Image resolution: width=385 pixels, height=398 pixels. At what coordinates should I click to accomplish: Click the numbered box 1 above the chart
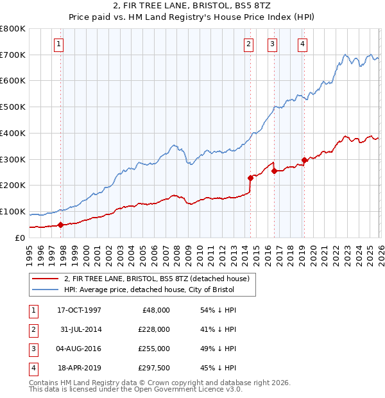pyautogui.click(x=58, y=44)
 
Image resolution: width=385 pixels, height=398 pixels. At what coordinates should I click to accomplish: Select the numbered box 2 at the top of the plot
pyautogui.click(x=248, y=44)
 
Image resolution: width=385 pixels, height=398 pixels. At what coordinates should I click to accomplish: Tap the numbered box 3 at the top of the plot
pyautogui.click(x=272, y=44)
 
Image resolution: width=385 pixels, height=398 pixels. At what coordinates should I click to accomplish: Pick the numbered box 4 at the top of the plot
pyautogui.click(x=302, y=44)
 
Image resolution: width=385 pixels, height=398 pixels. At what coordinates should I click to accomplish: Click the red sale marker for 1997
pyautogui.click(x=60, y=225)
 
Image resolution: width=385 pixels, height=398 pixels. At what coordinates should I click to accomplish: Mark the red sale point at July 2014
pyautogui.click(x=250, y=178)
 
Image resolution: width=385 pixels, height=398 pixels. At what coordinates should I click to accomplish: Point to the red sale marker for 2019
pyautogui.click(x=304, y=160)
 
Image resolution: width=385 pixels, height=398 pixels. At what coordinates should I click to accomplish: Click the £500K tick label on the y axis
pyautogui.click(x=13, y=107)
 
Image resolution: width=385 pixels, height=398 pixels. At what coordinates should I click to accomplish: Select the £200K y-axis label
pyautogui.click(x=13, y=186)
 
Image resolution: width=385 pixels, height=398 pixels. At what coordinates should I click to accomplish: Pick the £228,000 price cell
pyautogui.click(x=154, y=329)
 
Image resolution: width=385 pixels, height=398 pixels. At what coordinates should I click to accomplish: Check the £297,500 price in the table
pyautogui.click(x=154, y=368)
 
